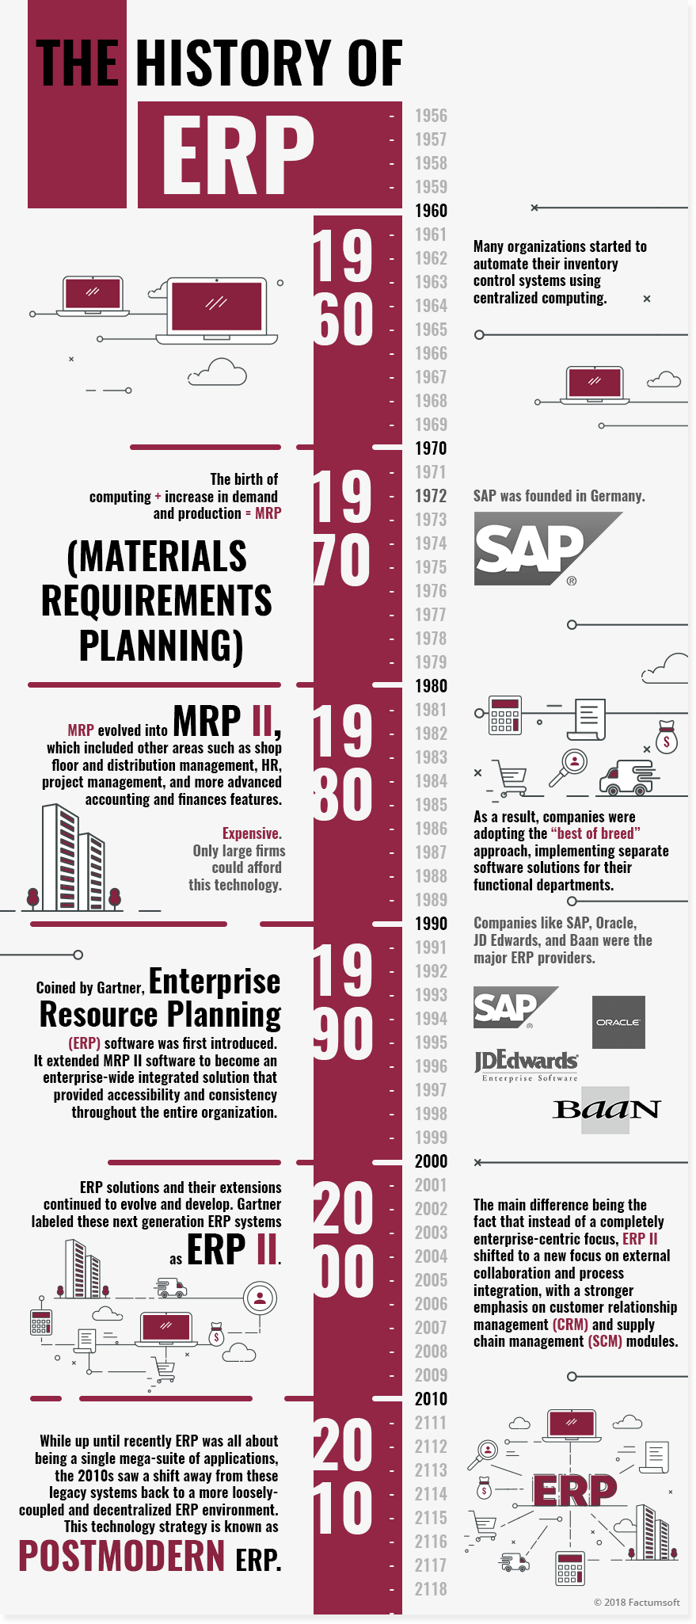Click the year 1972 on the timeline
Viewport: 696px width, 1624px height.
tap(431, 496)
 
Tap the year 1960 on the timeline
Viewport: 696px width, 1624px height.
tap(431, 211)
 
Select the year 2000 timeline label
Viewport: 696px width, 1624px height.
tap(431, 1161)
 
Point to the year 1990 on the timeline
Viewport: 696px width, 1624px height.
tap(431, 924)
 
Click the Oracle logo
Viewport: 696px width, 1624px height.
tap(618, 1022)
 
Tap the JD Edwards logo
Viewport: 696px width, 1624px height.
tap(527, 1066)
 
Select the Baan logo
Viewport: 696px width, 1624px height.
tap(607, 1109)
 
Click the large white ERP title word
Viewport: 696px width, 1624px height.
tap(238, 155)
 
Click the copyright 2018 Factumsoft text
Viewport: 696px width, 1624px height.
tap(637, 1602)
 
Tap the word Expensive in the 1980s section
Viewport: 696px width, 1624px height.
tap(252, 833)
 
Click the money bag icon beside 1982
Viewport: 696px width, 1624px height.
tap(667, 738)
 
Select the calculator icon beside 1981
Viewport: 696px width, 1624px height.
tap(504, 715)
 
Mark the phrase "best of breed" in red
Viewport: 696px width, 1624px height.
tap(595, 833)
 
